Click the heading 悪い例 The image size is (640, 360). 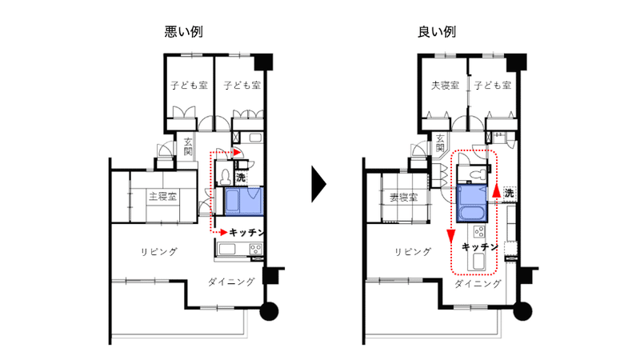(x=184, y=31)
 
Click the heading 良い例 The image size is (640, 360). (x=437, y=31)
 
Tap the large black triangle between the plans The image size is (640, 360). (x=318, y=184)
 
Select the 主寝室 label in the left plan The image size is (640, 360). (x=163, y=196)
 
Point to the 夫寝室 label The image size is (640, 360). (x=446, y=86)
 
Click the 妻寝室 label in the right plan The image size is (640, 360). (x=404, y=198)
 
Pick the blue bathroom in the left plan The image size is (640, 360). (x=244, y=201)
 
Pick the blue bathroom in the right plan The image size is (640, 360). (x=472, y=203)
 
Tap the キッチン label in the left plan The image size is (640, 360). (x=246, y=232)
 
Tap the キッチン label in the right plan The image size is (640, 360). (x=479, y=247)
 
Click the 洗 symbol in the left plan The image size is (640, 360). (x=241, y=177)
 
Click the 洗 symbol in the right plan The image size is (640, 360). (x=509, y=192)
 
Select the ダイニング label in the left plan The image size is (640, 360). (x=231, y=282)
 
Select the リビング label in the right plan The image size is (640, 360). (x=413, y=252)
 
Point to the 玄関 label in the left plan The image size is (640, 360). (x=188, y=147)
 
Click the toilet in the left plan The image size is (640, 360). (x=225, y=176)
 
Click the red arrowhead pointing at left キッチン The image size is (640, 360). (x=223, y=232)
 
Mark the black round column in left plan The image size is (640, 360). (x=269, y=311)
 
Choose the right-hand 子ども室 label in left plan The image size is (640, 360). (x=242, y=86)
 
